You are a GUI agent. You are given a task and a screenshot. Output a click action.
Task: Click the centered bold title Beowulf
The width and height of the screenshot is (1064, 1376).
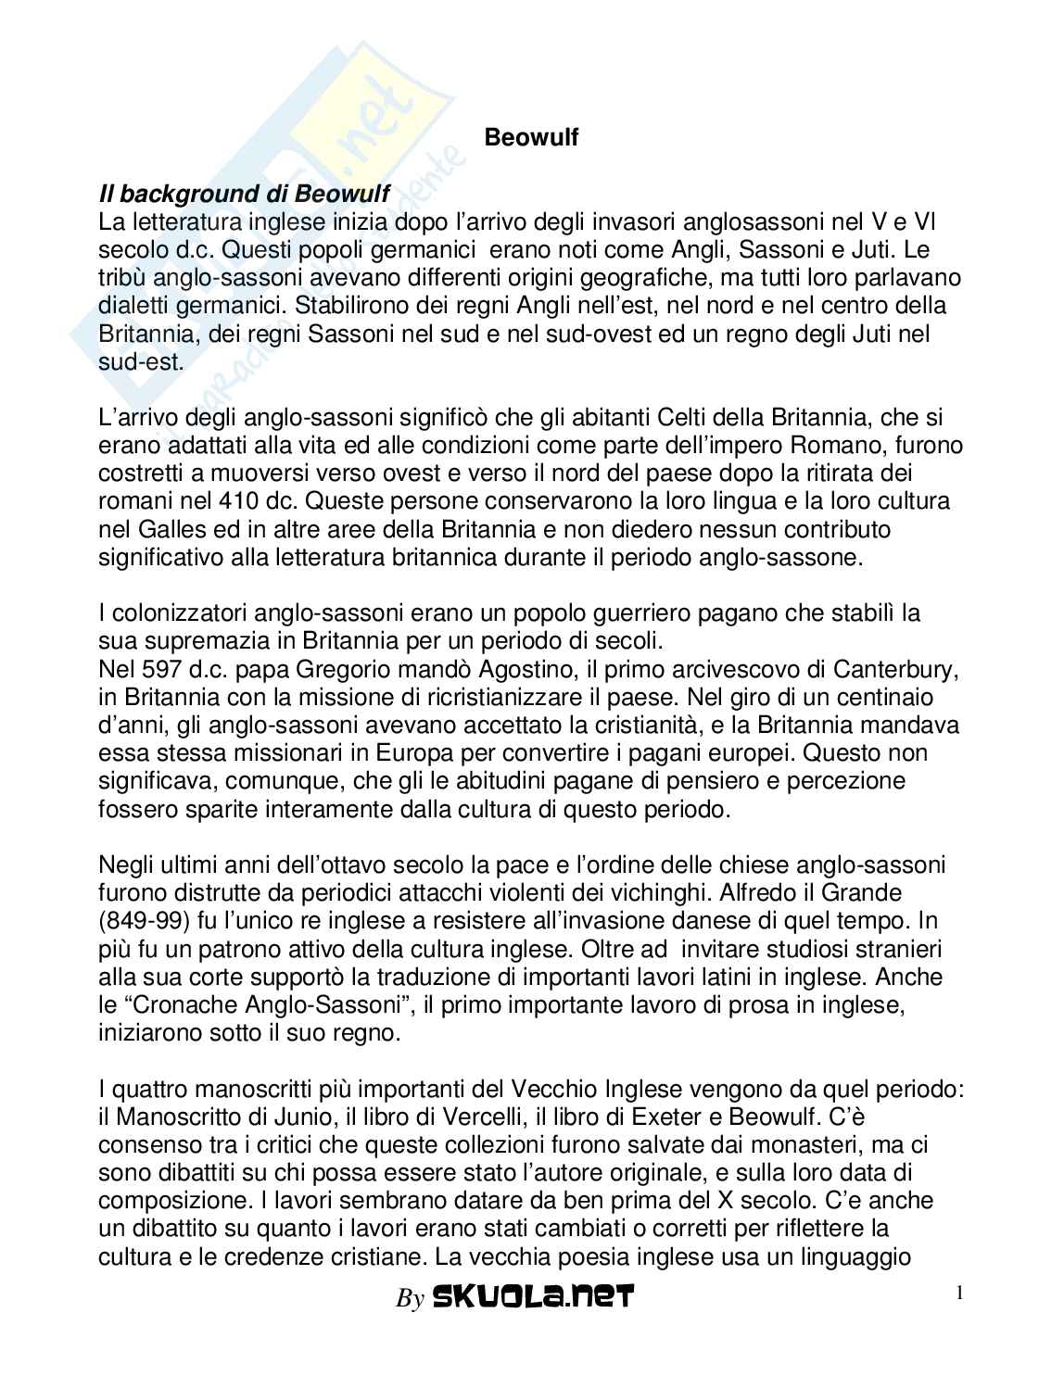[x=532, y=138]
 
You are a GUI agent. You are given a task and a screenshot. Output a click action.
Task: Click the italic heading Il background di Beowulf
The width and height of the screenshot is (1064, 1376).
[x=244, y=194]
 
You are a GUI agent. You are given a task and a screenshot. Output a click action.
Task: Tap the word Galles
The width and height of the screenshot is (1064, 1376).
[x=167, y=530]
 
